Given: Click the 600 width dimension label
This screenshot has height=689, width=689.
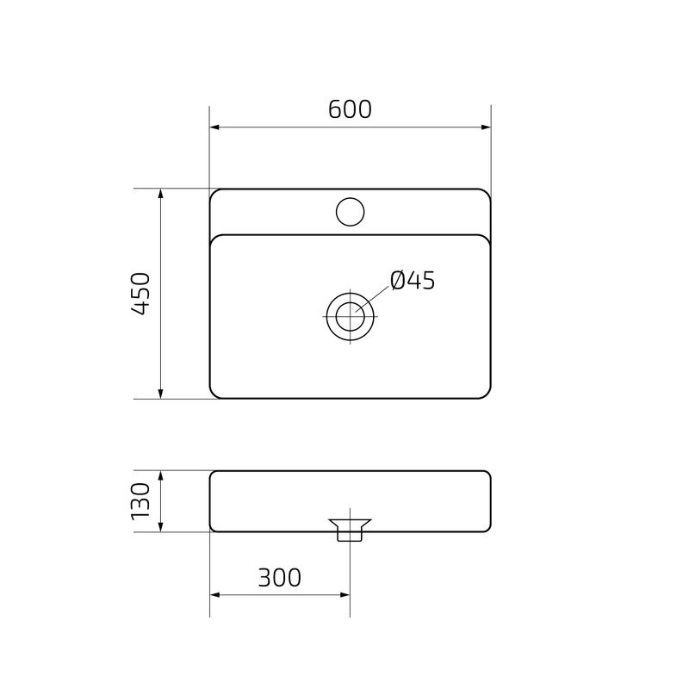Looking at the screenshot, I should point(350,110).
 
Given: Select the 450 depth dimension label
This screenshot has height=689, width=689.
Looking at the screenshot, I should point(141,294).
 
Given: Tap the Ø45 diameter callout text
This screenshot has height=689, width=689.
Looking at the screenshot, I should point(412,281).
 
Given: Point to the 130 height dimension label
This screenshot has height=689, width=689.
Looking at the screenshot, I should point(141,500).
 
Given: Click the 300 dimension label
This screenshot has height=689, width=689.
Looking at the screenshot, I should point(280,578).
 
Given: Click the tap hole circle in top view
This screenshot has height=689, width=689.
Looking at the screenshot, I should point(350,211).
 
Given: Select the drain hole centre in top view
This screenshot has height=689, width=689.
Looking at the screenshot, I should point(350,316).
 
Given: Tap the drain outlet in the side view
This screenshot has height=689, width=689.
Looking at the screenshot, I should point(350,528).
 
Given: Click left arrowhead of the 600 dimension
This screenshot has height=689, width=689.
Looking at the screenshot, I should point(215,127).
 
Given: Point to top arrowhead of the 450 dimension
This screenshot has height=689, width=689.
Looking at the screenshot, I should point(161,195).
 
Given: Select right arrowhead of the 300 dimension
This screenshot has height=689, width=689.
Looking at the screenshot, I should point(344,594).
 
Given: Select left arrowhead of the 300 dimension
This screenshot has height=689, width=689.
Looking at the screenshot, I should point(215,594).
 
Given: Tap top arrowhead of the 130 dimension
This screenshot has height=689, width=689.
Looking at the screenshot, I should point(161,476).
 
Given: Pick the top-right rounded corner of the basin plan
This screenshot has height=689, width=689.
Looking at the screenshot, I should point(486,193).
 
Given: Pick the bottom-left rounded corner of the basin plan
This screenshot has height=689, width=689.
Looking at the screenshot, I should point(214,394).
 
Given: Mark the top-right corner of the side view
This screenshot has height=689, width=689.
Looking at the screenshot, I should point(487,474).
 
